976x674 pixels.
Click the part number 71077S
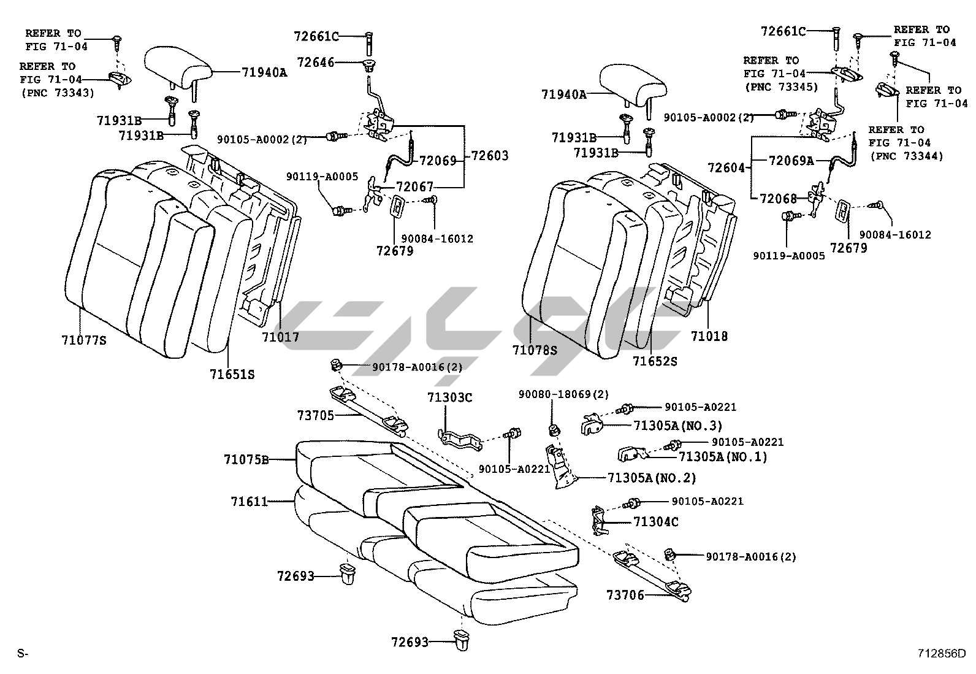pos(83,339)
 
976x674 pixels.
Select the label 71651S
pos(232,373)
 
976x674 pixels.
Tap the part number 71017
pos(280,337)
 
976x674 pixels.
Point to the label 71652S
pos(655,361)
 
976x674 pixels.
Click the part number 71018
pos(709,335)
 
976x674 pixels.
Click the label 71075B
pos(246,459)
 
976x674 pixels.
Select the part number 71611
pos(250,502)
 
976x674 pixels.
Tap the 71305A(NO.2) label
pos(652,478)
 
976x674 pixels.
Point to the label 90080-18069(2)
pos(563,394)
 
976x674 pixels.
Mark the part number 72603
pos(489,156)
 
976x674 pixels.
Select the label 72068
pos(778,198)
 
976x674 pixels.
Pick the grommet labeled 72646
pos(370,66)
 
